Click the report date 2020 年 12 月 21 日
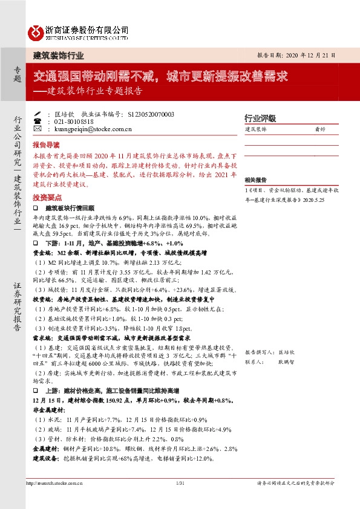point(301,54)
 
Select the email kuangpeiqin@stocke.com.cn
point(90,129)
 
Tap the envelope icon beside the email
point(38,129)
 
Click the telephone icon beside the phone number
point(38,121)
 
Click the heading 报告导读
point(47,146)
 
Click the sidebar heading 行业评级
point(260,118)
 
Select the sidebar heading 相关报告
point(257,180)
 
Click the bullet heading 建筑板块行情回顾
point(70,207)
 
